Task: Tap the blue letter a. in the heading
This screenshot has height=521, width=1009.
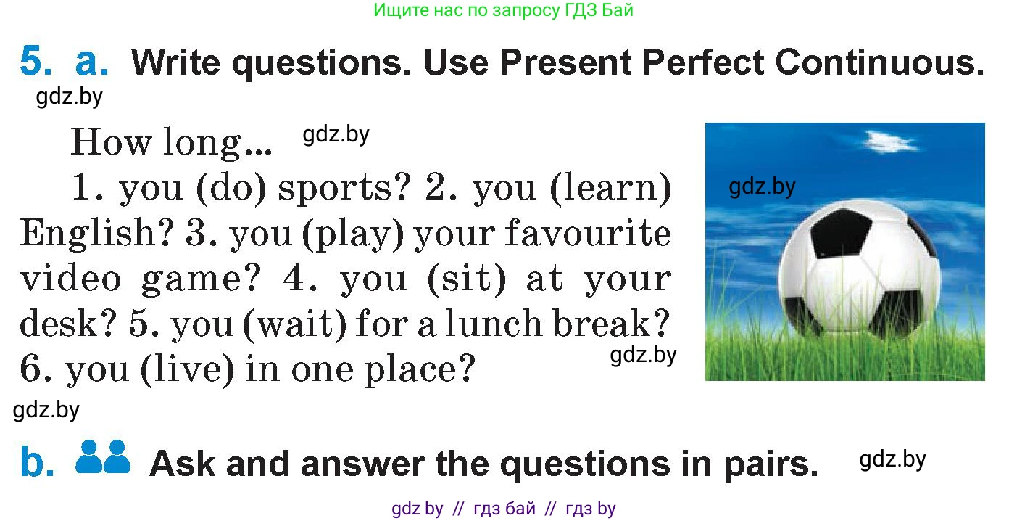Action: point(91,62)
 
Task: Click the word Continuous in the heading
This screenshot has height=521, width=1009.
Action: point(880,62)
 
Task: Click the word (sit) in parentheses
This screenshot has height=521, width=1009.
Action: point(467,279)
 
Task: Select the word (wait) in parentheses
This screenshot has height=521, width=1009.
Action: point(295,324)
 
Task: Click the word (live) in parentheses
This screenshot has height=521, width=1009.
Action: point(188,369)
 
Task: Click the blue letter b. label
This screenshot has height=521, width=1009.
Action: point(37,461)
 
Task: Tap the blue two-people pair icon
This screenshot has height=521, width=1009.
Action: point(103,456)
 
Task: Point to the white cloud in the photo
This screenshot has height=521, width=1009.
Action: point(889,142)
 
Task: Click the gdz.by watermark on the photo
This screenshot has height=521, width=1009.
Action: point(762,186)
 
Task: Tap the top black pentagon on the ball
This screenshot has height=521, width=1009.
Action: point(840,233)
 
